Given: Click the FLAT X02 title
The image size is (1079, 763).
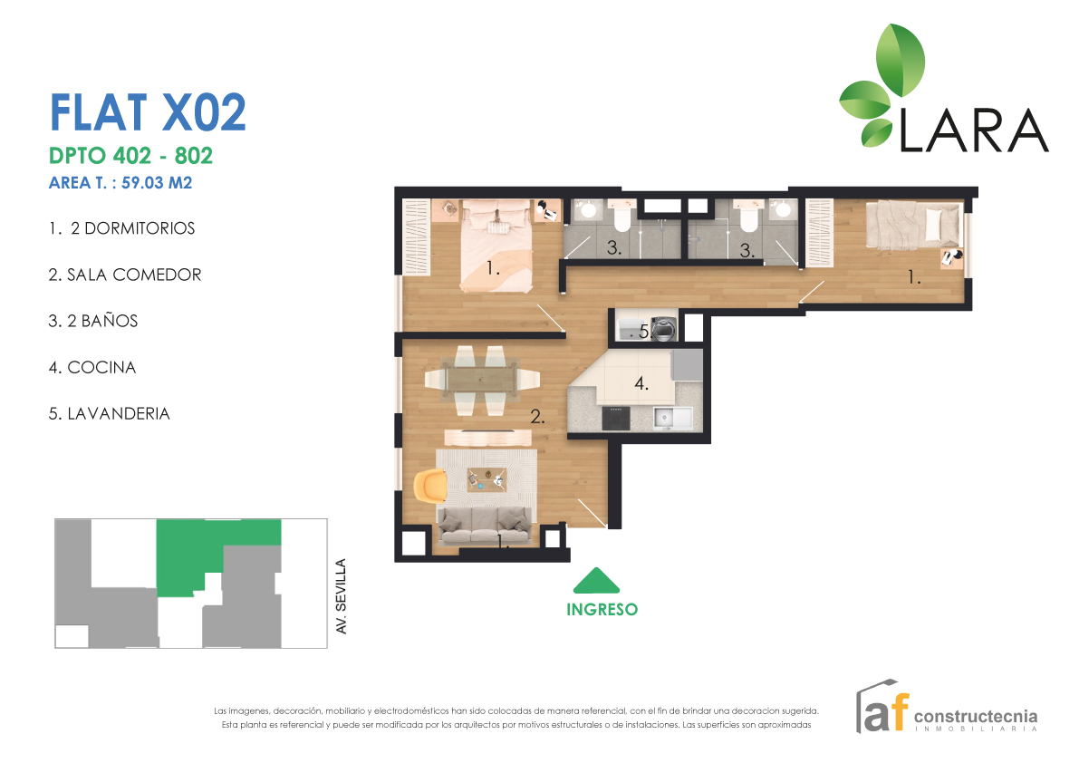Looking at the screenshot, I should pyautogui.click(x=148, y=112).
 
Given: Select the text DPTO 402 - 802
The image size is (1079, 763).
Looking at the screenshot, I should pyautogui.click(x=130, y=155).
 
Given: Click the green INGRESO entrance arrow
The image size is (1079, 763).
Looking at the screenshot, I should pyautogui.click(x=597, y=580).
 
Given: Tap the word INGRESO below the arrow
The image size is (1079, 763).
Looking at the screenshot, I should pyautogui.click(x=602, y=610).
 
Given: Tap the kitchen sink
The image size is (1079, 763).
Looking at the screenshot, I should pyautogui.click(x=670, y=417).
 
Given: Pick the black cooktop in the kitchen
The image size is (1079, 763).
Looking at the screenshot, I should pyautogui.click(x=619, y=418).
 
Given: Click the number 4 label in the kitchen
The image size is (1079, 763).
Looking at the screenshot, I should pyautogui.click(x=641, y=383).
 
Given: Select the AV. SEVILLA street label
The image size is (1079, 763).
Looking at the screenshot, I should pyautogui.click(x=342, y=595).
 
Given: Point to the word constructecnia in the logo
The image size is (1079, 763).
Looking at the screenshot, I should pyautogui.click(x=976, y=716).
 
